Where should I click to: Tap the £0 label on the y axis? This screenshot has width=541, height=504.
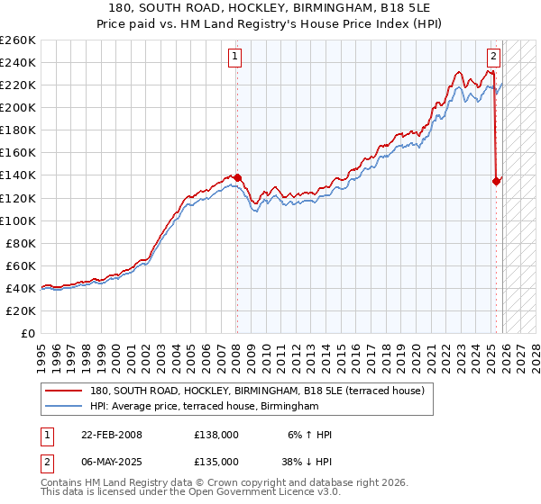27,333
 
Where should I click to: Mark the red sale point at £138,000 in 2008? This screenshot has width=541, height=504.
237,177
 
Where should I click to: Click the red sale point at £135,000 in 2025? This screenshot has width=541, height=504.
496,181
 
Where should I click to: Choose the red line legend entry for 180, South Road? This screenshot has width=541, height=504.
261,391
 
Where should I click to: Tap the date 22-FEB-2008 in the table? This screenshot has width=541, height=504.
112,435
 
